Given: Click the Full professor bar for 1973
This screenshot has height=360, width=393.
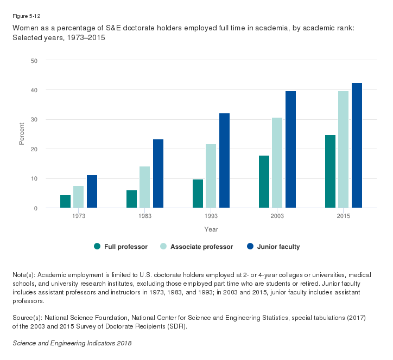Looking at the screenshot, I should click(65, 201).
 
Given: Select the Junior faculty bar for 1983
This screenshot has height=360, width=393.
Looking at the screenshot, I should click(158, 173).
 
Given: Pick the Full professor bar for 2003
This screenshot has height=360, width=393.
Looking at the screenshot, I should click(264, 182).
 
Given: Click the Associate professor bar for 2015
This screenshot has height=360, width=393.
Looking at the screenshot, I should click(344, 150).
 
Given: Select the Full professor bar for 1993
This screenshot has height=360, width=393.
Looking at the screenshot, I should click(198, 194).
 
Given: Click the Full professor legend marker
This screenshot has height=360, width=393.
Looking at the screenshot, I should click(97, 246).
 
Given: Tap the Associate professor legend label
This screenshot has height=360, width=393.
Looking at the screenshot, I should click(201, 247).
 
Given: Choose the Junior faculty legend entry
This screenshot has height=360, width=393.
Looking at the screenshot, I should click(274, 247).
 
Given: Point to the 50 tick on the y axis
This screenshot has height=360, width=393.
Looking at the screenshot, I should click(34, 60).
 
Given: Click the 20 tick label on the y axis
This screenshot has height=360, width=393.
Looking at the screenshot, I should click(34, 149).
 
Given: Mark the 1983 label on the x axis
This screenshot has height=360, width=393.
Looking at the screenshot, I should click(145, 216).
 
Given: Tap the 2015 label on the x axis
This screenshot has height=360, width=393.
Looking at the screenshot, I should click(344, 216).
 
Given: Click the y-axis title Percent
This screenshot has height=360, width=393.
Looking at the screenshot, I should click(22, 134).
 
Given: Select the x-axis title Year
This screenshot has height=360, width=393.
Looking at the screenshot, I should click(211, 229).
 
